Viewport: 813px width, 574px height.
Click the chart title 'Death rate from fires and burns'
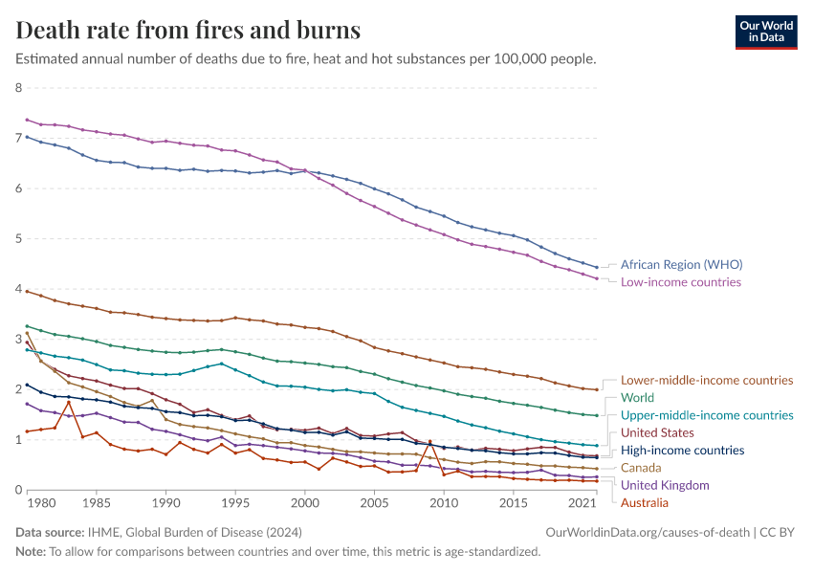[188, 30]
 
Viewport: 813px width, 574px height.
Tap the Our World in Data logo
[765, 32]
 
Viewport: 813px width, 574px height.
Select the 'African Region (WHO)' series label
[681, 264]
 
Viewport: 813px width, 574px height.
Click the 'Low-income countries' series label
[680, 282]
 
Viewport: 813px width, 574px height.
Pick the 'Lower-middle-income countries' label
[707, 380]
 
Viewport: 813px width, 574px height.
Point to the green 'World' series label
[637, 397]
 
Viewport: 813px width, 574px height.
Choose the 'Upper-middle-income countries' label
[707, 415]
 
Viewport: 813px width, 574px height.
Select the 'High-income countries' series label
[682, 450]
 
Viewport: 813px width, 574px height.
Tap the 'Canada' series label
[642, 468]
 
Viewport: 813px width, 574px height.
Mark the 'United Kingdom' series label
[665, 485]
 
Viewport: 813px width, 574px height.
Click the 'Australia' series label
[645, 502]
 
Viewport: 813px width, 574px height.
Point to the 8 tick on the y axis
[19, 88]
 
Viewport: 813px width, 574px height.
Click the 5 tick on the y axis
[19, 239]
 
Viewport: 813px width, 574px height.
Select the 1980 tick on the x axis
[27, 502]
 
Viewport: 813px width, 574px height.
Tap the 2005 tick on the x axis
[374, 502]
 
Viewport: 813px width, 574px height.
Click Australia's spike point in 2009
[429, 441]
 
